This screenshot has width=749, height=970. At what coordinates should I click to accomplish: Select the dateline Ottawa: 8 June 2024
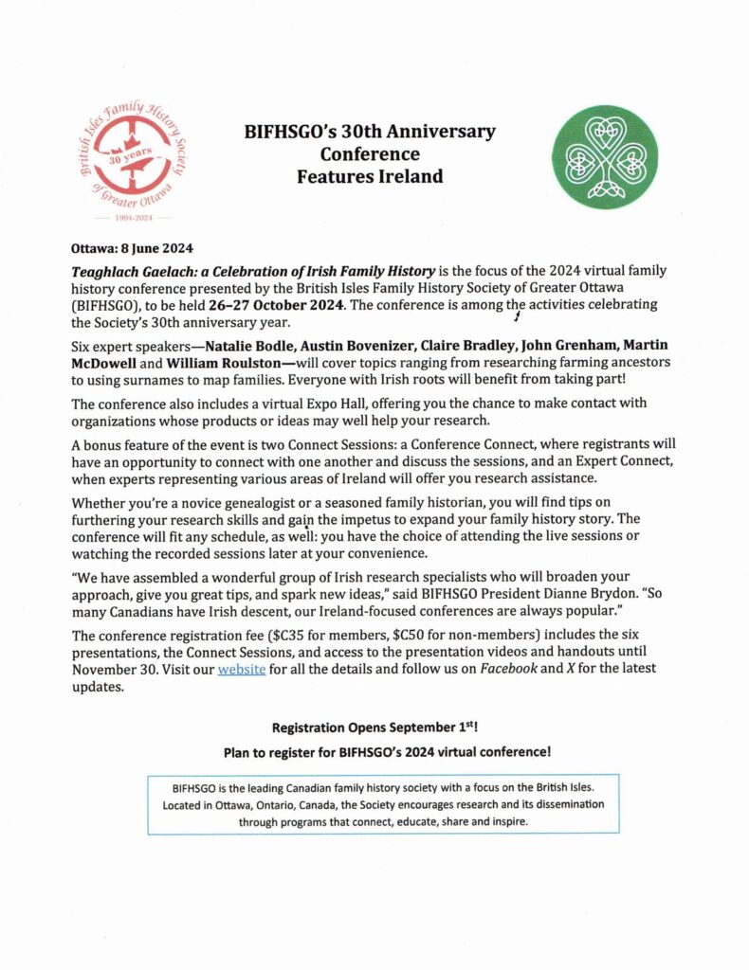(133, 249)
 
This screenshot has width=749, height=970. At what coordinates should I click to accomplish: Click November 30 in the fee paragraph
(119, 669)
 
